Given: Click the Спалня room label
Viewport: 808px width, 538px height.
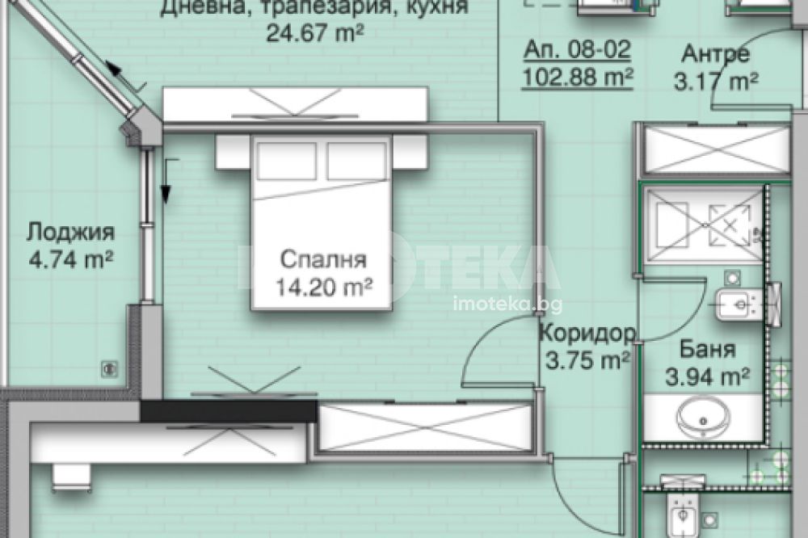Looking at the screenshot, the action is tap(323, 260).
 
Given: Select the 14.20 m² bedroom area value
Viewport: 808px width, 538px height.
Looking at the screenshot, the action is tap(324, 287).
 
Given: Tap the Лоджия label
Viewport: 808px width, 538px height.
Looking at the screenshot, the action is tap(70, 233).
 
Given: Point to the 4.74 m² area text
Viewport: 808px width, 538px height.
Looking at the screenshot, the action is tap(71, 259).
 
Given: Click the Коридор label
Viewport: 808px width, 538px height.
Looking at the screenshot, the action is tap(587, 334).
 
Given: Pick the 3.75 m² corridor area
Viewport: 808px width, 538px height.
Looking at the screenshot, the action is tap(587, 360).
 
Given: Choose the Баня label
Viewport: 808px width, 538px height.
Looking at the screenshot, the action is tap(708, 350).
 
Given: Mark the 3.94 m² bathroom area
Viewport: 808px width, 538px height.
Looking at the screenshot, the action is tap(708, 376).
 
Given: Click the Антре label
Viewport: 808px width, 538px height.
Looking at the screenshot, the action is tap(716, 53).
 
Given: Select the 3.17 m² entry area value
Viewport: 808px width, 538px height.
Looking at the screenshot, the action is tap(716, 82).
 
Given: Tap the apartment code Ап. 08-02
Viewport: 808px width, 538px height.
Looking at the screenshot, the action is tap(578, 49).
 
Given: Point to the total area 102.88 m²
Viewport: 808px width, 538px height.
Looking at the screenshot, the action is tap(578, 78).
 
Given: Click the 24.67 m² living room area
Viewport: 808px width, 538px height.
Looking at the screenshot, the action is tap(315, 33).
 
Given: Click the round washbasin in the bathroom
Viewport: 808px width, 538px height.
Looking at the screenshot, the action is tap(703, 418).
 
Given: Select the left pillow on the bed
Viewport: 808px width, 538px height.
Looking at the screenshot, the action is tap(287, 161).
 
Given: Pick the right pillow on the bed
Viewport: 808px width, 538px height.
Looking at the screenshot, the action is tap(356, 161).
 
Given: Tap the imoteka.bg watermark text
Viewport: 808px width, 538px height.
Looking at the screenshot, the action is tap(507, 305).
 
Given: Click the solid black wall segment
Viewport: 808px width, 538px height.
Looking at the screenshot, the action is tap(229, 410).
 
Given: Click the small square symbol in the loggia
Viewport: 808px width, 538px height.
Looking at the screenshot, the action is tap(109, 368).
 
